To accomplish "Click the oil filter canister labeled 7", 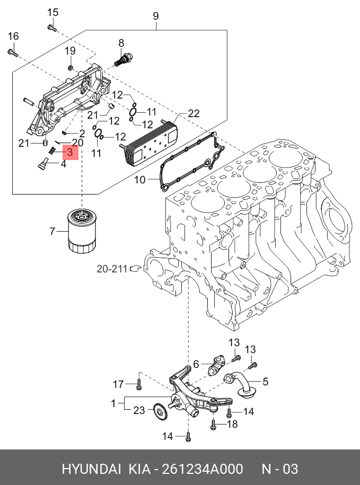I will pyautogui.click(x=82, y=232).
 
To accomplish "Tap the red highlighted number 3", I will pyautogui.click(x=70, y=153).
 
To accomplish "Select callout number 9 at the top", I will pyautogui.click(x=156, y=16).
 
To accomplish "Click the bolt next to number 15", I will pyautogui.click(x=51, y=27).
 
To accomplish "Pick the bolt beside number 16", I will pyautogui.click(x=13, y=52).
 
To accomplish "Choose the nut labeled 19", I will pyautogui.click(x=71, y=68).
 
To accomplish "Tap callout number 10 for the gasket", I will pyautogui.click(x=139, y=180).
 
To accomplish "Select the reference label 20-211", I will pyautogui.click(x=112, y=269).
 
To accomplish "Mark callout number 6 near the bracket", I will pyautogui.click(x=196, y=364).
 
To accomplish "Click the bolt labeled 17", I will pyautogui.click(x=139, y=384).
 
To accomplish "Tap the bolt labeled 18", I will pyautogui.click(x=213, y=424).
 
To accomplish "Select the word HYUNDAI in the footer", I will pyautogui.click(x=91, y=469).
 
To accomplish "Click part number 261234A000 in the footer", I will pyautogui.click(x=202, y=469).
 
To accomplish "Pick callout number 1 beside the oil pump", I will pyautogui.click(x=113, y=403).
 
